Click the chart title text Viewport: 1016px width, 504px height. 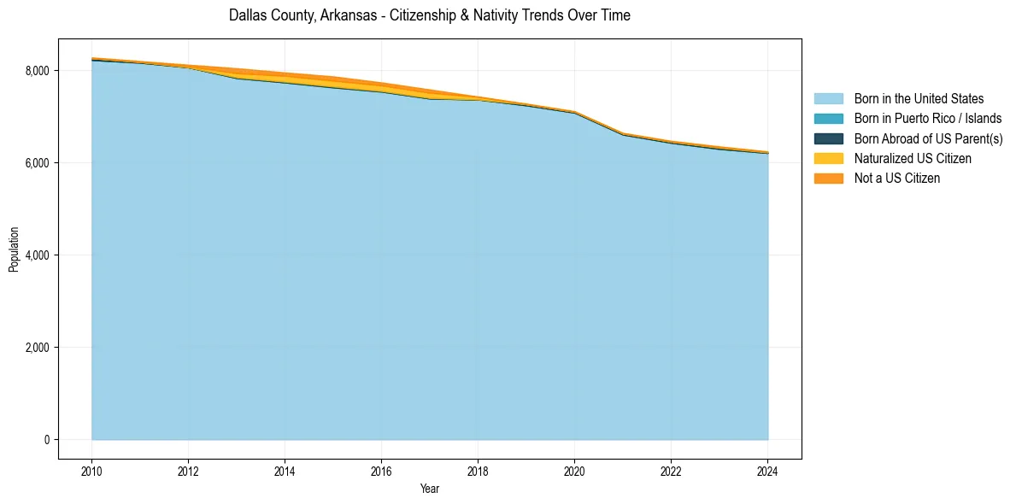pyautogui.click(x=430, y=15)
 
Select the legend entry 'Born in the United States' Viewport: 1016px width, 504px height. pyautogui.click(x=919, y=99)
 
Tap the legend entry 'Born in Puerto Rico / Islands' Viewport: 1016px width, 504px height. pyautogui.click(x=928, y=119)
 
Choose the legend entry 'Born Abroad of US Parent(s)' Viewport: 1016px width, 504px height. pyautogui.click(x=928, y=138)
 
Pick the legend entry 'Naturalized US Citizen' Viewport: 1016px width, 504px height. pyautogui.click(x=913, y=158)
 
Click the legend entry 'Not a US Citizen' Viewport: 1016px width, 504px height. pyautogui.click(x=897, y=178)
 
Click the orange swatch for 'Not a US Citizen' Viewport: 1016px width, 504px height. pyautogui.click(x=828, y=178)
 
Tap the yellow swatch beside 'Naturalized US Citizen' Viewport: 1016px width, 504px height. pyautogui.click(x=828, y=158)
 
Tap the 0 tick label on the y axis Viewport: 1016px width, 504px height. pyautogui.click(x=47, y=440)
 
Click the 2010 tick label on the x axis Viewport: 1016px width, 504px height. pyautogui.click(x=91, y=471)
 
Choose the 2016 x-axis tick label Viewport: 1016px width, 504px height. pyautogui.click(x=381, y=471)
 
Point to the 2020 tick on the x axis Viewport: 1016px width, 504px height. pyautogui.click(x=574, y=471)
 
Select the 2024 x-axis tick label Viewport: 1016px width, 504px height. pyautogui.click(x=767, y=471)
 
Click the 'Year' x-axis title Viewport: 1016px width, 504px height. pyautogui.click(x=430, y=489)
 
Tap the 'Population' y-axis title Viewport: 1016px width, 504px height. pyautogui.click(x=14, y=249)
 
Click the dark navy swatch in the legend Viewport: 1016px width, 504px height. pyautogui.click(x=828, y=138)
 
